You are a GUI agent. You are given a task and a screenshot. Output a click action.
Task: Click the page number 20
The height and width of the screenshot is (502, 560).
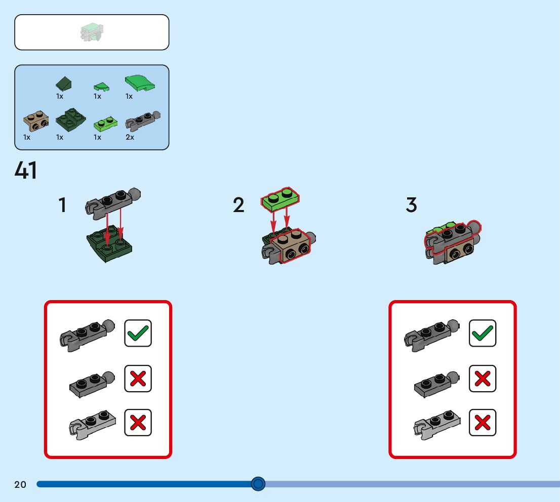tap(20, 484)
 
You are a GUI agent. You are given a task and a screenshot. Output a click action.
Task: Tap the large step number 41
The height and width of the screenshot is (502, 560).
tap(26, 171)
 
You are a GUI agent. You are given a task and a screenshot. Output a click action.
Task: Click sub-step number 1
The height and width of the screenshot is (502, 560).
tap(62, 205)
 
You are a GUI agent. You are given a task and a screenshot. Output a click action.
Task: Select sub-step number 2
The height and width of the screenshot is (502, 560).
tap(238, 205)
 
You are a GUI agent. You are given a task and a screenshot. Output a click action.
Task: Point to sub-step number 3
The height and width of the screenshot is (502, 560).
tap(411, 205)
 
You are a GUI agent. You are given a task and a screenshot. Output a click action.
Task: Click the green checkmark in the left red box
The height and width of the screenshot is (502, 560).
tap(138, 333)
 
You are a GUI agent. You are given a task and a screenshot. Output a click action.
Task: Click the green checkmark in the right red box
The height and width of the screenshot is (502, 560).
tap(482, 333)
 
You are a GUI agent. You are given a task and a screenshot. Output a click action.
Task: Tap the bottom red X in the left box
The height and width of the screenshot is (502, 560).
tap(138, 423)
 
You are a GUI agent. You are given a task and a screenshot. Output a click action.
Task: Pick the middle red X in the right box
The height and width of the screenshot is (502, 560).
tap(482, 379)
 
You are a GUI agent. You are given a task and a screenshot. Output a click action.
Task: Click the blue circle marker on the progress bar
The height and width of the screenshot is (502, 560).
tap(258, 484)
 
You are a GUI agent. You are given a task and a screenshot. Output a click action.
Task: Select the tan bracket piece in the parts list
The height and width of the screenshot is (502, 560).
tap(36, 120)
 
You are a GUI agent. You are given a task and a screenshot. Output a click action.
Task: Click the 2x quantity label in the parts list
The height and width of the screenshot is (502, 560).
tap(130, 137)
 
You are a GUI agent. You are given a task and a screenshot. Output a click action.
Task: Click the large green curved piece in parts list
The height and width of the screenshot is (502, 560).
tap(140, 82)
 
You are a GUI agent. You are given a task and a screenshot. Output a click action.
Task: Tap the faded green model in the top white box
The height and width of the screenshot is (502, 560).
tap(92, 32)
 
